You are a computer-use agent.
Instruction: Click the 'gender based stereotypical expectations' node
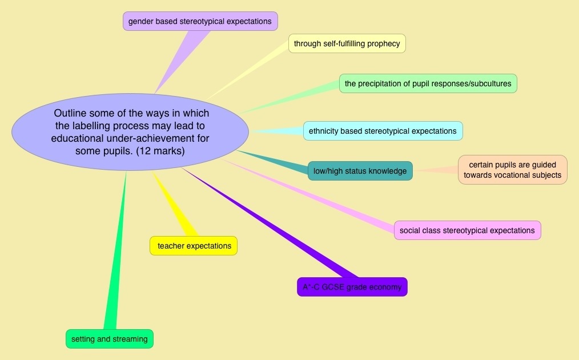200,22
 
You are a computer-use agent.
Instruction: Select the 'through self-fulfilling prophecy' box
347,43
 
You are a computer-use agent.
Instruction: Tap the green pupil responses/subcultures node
428,83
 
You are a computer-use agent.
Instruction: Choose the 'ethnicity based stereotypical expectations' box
383,131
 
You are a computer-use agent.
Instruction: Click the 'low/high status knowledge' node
360,171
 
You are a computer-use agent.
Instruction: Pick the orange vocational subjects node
512,170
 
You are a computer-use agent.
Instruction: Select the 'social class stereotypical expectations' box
467,230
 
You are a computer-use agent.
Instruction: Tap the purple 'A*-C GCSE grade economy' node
352,287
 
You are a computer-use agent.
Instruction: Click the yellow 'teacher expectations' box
194,246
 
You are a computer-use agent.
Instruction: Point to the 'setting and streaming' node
109,339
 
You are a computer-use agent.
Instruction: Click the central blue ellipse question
130,131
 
